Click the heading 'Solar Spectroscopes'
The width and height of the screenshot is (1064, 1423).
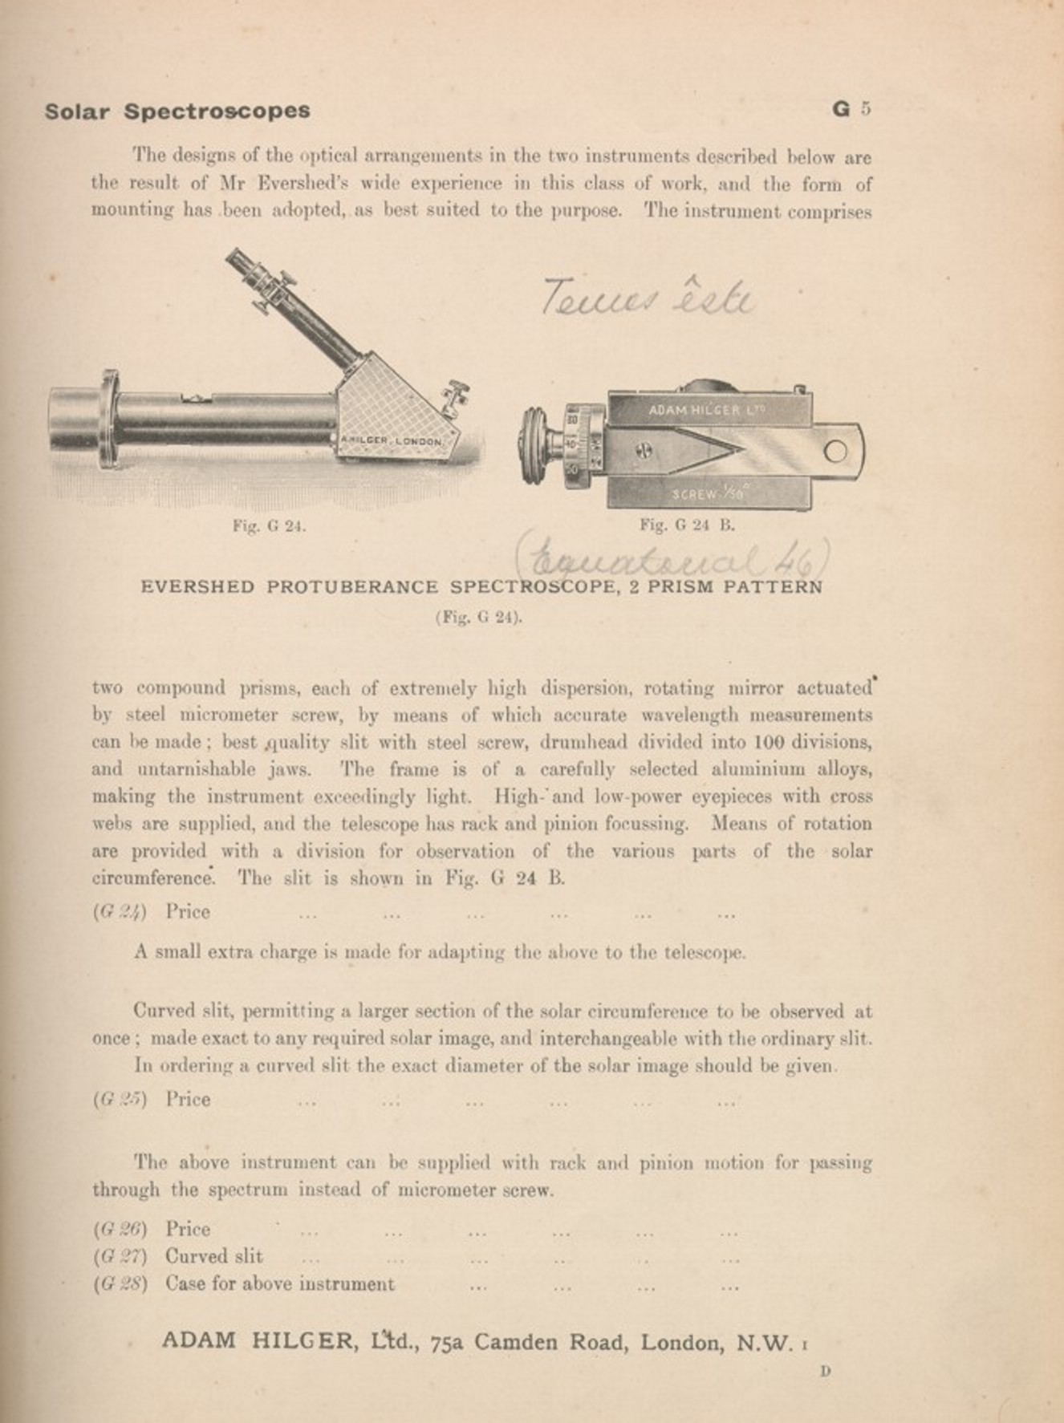[x=177, y=111]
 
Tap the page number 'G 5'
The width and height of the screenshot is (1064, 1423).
[x=851, y=109]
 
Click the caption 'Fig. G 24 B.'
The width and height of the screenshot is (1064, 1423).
[x=687, y=526]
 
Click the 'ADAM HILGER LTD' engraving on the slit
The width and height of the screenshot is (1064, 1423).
[x=705, y=410]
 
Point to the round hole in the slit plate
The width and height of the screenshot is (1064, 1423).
[x=835, y=452]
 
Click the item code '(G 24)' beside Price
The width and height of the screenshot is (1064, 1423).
[x=120, y=912]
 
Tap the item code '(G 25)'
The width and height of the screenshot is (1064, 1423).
[x=120, y=1100]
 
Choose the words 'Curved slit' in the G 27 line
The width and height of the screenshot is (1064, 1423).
[x=213, y=1256]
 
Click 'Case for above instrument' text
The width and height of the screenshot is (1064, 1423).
[x=279, y=1283]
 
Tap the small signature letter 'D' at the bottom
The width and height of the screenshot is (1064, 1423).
[x=825, y=1371]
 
